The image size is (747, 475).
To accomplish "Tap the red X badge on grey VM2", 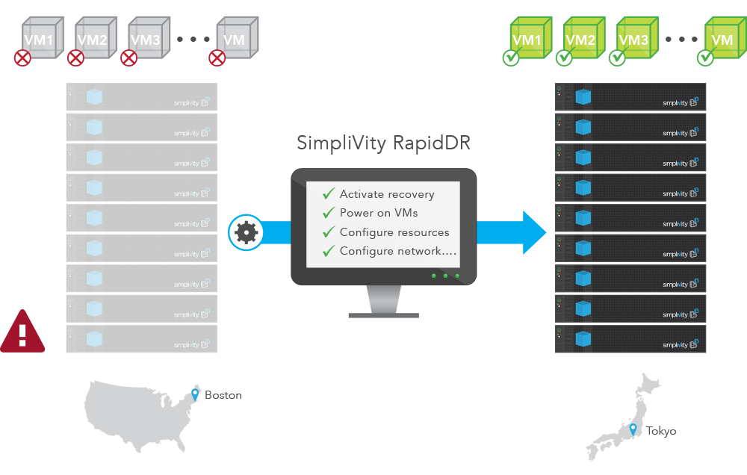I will (75, 58).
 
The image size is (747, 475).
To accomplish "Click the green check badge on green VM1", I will (511, 58).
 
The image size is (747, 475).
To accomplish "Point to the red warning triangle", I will (22, 332).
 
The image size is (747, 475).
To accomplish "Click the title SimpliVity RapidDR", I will (383, 143).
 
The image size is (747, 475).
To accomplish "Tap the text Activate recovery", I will (386, 194).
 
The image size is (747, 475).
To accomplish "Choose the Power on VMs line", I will (378, 213).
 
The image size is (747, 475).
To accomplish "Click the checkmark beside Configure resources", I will (328, 232).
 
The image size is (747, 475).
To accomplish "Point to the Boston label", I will (223, 395).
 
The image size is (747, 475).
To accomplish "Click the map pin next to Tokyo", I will (633, 429).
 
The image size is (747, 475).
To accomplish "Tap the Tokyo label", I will (660, 431).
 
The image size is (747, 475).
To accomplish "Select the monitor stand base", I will (383, 314).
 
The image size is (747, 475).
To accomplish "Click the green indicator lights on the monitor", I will (445, 276).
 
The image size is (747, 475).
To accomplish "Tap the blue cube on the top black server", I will (583, 97).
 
